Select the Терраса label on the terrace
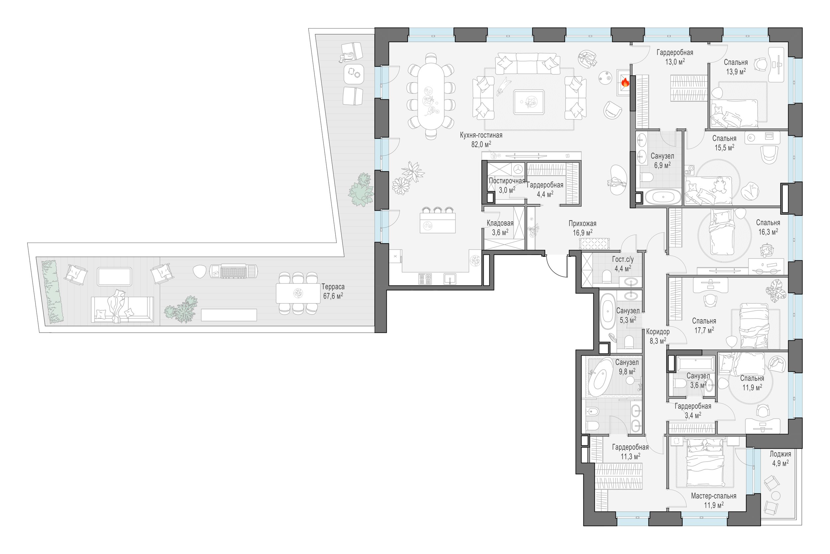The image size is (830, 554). pyautogui.click(x=333, y=287)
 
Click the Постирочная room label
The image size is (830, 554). pyautogui.click(x=507, y=181)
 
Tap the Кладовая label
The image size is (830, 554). pyautogui.click(x=500, y=223)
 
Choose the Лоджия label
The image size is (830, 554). pyautogui.click(x=780, y=454)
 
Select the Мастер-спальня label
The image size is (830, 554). pyautogui.click(x=713, y=496)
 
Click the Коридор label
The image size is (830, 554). pyautogui.click(x=658, y=332)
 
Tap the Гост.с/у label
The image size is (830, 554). pyautogui.click(x=623, y=259)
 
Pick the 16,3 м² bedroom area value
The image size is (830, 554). pyautogui.click(x=768, y=232)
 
